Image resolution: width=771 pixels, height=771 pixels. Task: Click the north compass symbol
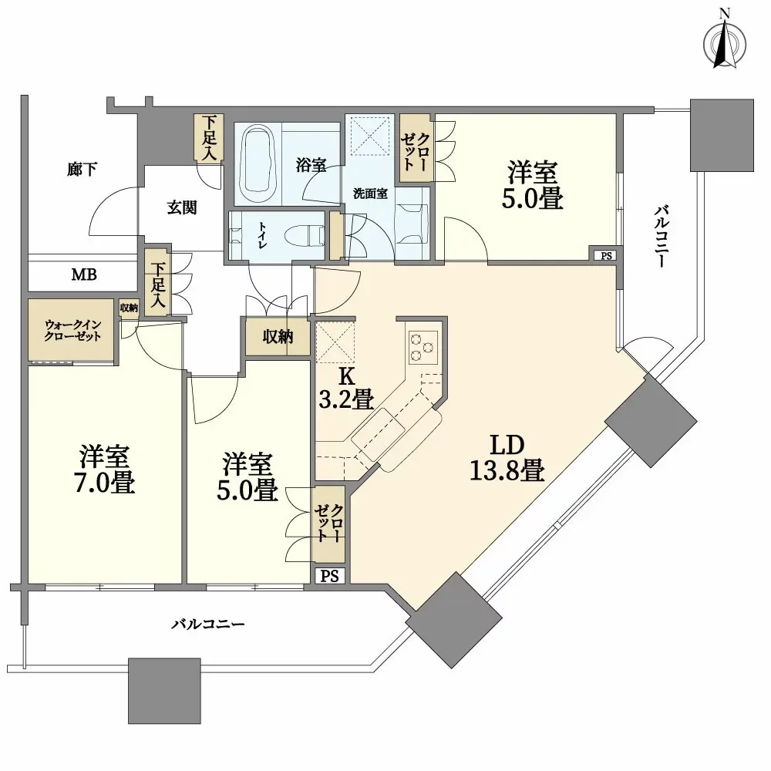tap(725, 43)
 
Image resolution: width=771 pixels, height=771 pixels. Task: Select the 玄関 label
tap(182, 207)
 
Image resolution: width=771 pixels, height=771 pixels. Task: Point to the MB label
tap(84, 274)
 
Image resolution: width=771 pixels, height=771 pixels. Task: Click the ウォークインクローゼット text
tap(72, 331)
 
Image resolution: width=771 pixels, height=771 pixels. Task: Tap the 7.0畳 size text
tap(105, 483)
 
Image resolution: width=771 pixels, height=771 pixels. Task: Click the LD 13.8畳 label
tap(507, 457)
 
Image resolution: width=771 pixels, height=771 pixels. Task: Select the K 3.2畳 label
tap(347, 388)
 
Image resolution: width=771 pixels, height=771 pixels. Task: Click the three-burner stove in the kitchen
tap(423, 347)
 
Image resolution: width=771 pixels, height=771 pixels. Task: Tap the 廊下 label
tap(82, 169)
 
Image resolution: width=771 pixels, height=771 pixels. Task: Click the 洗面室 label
tap(370, 194)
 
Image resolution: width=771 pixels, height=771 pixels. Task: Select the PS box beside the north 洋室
tap(606, 255)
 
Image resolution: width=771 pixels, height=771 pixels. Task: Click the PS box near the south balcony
tap(330, 576)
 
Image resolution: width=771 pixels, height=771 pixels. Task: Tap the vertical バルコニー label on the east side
tap(662, 237)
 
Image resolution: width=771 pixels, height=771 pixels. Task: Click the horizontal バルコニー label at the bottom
tap(208, 625)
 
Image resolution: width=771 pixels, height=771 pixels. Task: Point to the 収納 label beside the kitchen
tap(278, 337)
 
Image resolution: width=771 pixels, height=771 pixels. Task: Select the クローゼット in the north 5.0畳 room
tap(416, 148)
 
